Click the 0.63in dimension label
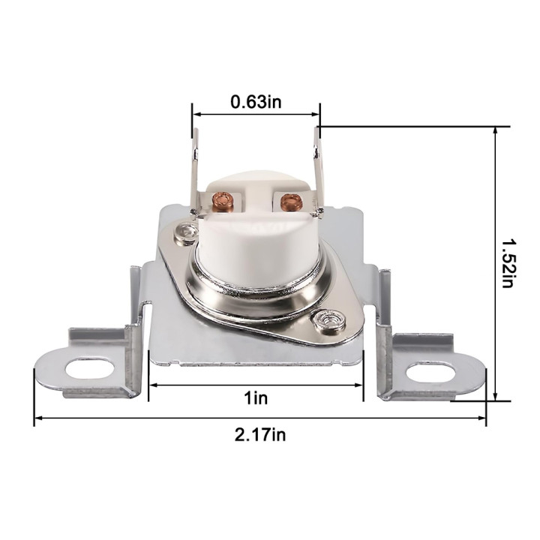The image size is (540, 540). click(256, 102)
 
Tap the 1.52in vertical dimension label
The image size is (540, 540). click(507, 263)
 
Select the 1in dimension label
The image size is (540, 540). click(256, 398)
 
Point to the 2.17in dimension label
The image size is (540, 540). click(260, 435)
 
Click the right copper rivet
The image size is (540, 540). click(290, 201)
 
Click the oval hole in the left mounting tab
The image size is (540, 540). click(89, 368)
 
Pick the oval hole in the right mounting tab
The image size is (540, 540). click(430, 372)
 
